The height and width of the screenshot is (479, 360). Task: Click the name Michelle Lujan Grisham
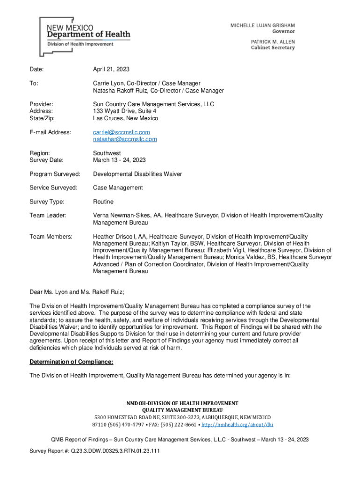(x=262, y=25)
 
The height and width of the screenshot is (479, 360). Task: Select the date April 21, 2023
(x=111, y=69)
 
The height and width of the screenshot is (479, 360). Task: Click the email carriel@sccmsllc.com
(x=122, y=132)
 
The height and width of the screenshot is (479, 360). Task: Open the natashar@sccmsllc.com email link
(x=125, y=139)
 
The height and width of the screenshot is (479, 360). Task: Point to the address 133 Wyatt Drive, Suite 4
(x=125, y=111)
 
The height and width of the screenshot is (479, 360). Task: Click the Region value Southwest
(x=107, y=153)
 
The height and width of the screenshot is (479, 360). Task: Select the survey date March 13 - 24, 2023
(x=119, y=160)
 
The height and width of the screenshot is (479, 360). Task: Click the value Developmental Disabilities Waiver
(x=137, y=174)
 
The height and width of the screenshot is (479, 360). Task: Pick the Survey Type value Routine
(x=103, y=202)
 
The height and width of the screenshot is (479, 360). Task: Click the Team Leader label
(x=48, y=216)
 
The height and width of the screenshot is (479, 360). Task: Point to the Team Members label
(x=51, y=237)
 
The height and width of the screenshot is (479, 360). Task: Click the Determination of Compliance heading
(x=72, y=362)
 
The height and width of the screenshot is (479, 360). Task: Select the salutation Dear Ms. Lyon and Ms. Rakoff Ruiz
(x=77, y=292)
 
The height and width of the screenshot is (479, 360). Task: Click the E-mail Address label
(x=50, y=132)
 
